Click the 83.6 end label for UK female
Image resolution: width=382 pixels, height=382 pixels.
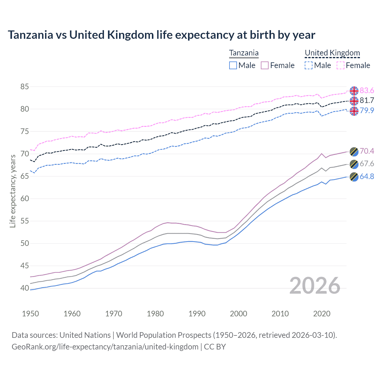(x=367, y=90)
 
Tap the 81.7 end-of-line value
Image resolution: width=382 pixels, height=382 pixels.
(x=367, y=101)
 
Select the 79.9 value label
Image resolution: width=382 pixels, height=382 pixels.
(x=367, y=110)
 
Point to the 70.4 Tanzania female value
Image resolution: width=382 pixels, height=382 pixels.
(x=367, y=151)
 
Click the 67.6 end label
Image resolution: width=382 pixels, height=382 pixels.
(x=367, y=164)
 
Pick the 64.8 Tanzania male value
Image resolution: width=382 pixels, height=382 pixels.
(x=367, y=176)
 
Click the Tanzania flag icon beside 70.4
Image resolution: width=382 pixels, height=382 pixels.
(x=354, y=151)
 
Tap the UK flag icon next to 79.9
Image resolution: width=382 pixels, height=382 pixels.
(x=354, y=111)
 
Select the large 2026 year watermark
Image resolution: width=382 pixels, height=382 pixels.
(x=315, y=286)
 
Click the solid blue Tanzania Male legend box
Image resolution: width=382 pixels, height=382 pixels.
(x=233, y=65)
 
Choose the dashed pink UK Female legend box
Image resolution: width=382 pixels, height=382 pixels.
(x=341, y=65)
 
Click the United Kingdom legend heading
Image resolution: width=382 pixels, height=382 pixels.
(x=332, y=53)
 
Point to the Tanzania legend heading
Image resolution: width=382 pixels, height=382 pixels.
(x=244, y=53)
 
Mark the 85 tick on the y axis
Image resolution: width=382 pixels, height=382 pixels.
(x=25, y=87)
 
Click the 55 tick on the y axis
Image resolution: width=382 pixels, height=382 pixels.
(x=25, y=221)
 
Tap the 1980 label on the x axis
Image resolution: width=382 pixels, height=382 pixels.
(x=155, y=314)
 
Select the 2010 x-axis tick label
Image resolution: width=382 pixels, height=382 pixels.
(x=280, y=314)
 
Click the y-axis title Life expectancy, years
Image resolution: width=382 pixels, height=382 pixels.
(x=13, y=191)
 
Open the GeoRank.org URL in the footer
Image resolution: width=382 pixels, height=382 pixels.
(x=105, y=347)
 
